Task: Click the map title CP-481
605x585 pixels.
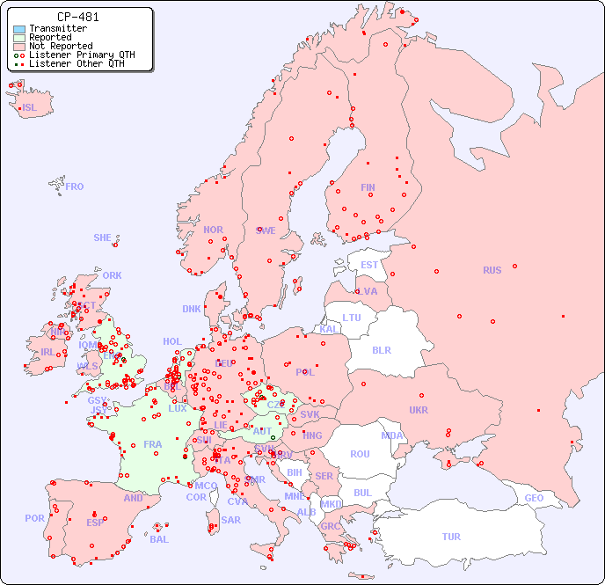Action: pyautogui.click(x=77, y=17)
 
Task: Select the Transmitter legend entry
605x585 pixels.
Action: pyautogui.click(x=57, y=28)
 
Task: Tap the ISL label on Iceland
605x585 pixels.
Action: pyautogui.click(x=30, y=108)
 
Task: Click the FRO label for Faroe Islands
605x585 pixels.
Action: pyautogui.click(x=75, y=186)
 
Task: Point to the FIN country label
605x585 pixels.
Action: pyautogui.click(x=368, y=187)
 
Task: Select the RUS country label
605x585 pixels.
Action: pyautogui.click(x=492, y=270)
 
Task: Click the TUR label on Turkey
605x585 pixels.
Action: pyautogui.click(x=451, y=537)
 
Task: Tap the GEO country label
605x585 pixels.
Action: pyautogui.click(x=534, y=498)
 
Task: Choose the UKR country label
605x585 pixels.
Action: pyautogui.click(x=419, y=410)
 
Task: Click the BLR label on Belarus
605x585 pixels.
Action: pyautogui.click(x=381, y=349)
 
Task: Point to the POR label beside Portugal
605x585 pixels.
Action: pyautogui.click(x=34, y=518)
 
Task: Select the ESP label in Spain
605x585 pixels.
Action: pyautogui.click(x=95, y=522)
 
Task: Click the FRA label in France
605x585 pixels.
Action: pyautogui.click(x=153, y=444)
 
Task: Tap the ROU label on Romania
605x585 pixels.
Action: pyautogui.click(x=360, y=454)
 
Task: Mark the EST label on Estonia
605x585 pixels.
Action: pyautogui.click(x=369, y=265)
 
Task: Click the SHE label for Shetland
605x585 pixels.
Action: pyautogui.click(x=103, y=238)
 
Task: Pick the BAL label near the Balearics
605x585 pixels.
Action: pyautogui.click(x=159, y=539)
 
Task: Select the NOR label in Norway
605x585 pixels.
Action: pyautogui.click(x=213, y=230)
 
